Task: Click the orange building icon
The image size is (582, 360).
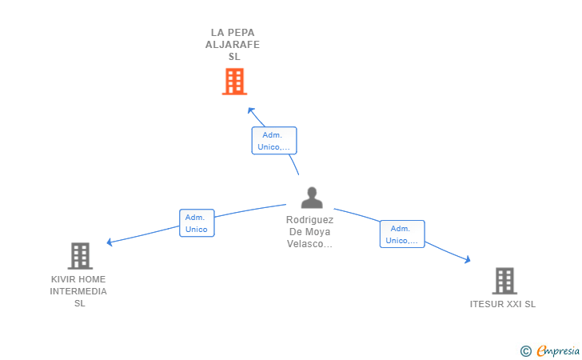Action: (234, 82)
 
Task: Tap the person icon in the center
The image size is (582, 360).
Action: (312, 198)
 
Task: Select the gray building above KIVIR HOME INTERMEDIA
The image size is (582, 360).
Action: (80, 256)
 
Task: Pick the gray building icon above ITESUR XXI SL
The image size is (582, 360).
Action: (504, 281)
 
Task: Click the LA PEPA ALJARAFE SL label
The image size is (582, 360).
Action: (233, 45)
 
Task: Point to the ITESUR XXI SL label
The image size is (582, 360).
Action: (503, 304)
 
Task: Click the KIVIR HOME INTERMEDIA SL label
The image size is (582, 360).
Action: (78, 291)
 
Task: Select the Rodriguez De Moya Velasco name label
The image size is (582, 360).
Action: (309, 232)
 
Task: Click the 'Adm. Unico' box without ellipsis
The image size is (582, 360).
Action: (197, 223)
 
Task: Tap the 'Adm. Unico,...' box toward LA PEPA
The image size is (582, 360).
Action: (274, 141)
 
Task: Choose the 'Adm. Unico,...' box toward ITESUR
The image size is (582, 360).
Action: (402, 234)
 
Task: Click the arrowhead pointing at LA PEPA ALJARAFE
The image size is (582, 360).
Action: (251, 110)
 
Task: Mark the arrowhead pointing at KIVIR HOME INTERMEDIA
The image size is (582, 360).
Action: (110, 242)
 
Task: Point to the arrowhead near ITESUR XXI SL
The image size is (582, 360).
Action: (468, 259)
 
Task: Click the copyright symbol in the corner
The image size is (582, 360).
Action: (526, 351)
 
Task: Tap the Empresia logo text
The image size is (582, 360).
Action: (558, 351)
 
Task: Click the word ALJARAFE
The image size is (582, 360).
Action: (233, 45)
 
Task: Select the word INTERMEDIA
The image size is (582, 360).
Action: (78, 291)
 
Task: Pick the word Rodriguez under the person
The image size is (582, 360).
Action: (309, 220)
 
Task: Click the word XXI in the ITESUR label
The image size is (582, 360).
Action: (514, 304)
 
